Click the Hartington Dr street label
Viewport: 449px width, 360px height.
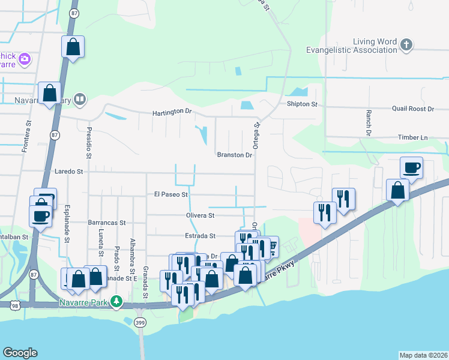click(x=172, y=112)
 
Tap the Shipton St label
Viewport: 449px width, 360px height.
click(x=302, y=104)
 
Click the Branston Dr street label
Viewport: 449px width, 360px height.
click(x=234, y=155)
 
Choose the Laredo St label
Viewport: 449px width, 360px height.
click(x=68, y=171)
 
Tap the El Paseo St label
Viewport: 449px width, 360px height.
click(x=171, y=194)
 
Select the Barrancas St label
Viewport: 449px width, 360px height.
click(x=106, y=222)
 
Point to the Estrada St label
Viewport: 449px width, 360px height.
click(x=200, y=236)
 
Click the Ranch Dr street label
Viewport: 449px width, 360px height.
click(x=369, y=123)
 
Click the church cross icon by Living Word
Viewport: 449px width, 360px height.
click(x=406, y=44)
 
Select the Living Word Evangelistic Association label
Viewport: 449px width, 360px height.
click(x=351, y=46)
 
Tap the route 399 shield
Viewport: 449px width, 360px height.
click(x=139, y=323)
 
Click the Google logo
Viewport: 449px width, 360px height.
click(x=20, y=353)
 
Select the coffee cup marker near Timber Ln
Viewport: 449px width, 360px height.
click(x=411, y=167)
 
